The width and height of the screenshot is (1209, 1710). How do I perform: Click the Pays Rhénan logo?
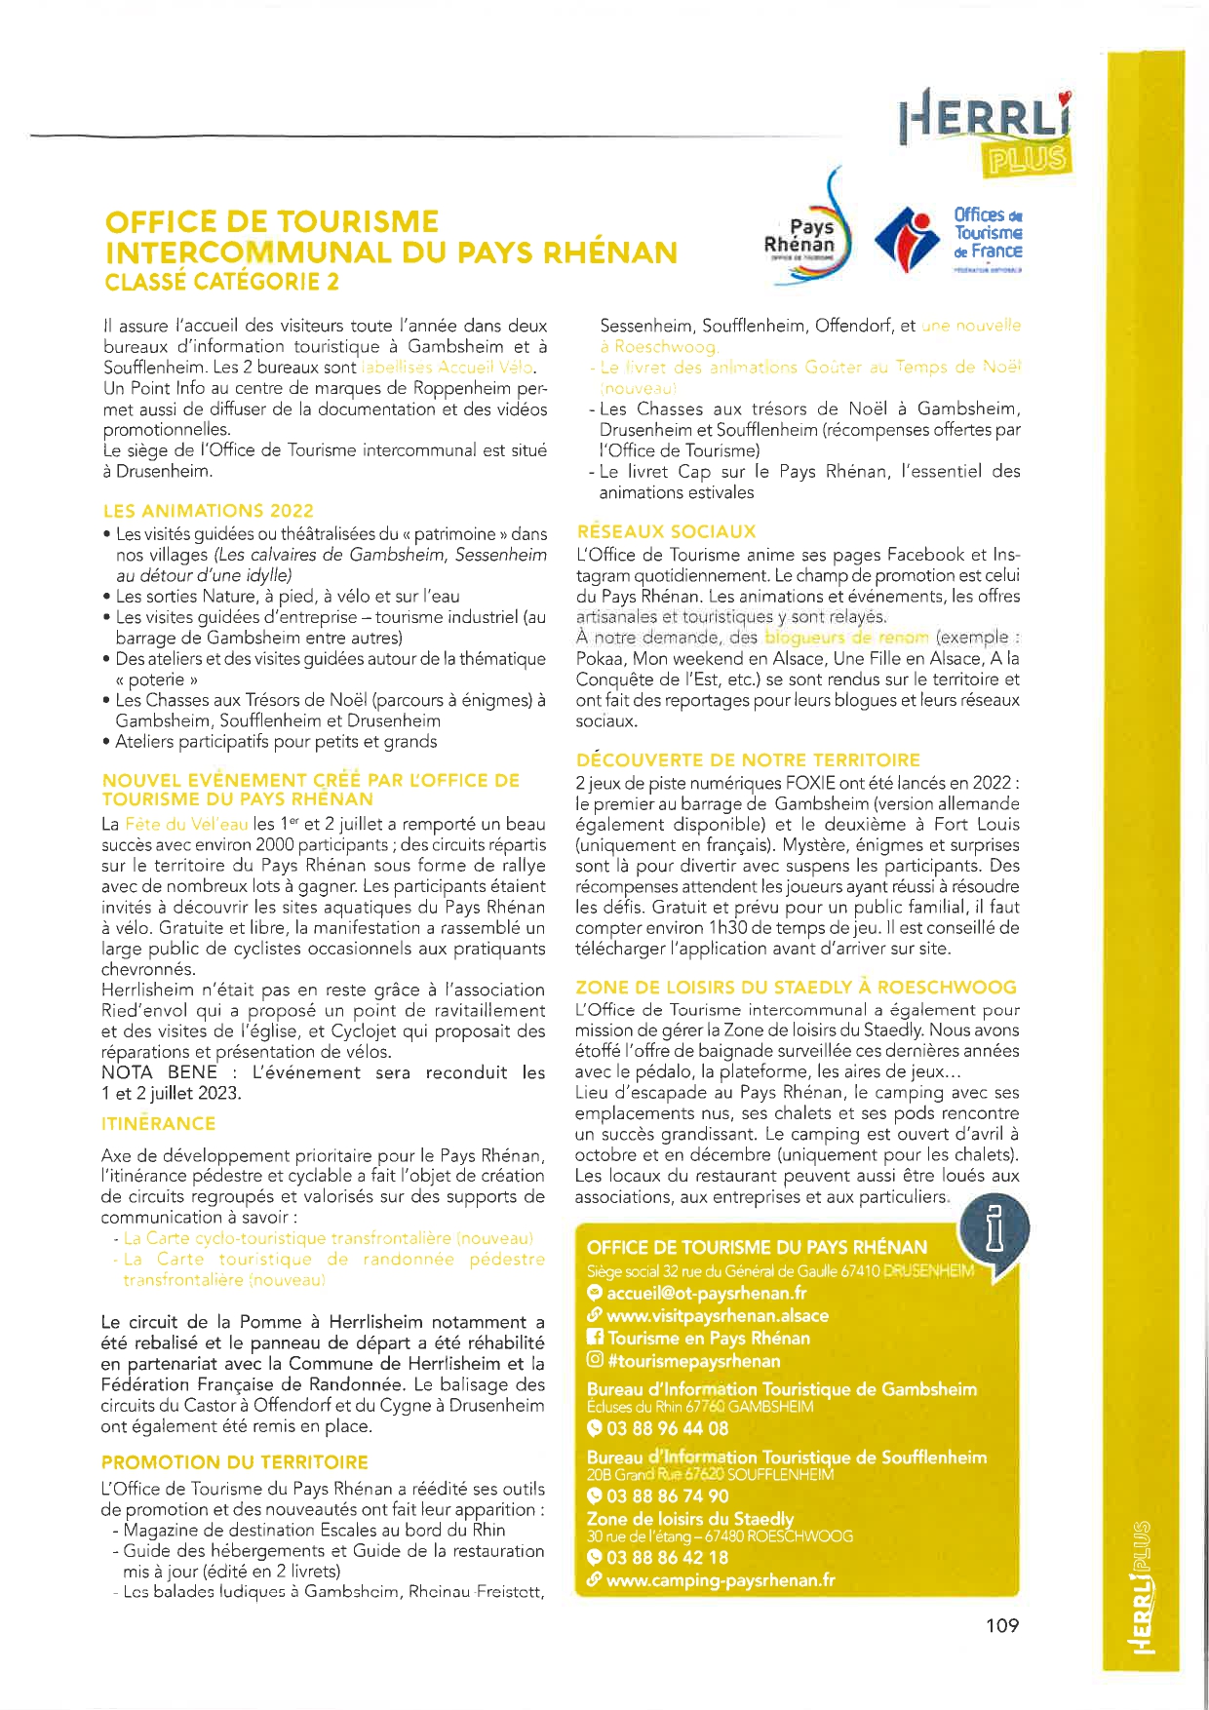pyautogui.click(x=807, y=232)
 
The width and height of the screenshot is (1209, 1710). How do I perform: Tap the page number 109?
pyautogui.click(x=1001, y=1625)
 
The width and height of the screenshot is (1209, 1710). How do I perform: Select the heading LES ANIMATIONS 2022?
pyautogui.click(x=209, y=511)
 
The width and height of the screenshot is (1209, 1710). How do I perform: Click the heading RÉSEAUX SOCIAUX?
pyautogui.click(x=666, y=531)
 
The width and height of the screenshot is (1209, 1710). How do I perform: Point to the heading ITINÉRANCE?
pyautogui.click(x=158, y=1123)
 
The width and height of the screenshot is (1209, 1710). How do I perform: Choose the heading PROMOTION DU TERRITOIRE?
pyautogui.click(x=235, y=1462)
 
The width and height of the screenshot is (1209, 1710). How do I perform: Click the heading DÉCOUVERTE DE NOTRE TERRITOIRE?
pyautogui.click(x=748, y=759)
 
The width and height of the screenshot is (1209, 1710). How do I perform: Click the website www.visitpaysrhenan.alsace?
pyautogui.click(x=717, y=1315)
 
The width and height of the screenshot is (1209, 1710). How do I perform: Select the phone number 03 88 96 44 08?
pyautogui.click(x=667, y=1428)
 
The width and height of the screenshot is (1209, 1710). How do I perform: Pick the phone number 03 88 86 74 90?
pyautogui.click(x=667, y=1496)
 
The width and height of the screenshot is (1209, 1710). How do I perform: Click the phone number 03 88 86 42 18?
pyautogui.click(x=667, y=1558)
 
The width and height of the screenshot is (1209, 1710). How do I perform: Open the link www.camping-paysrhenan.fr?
pyautogui.click(x=720, y=1580)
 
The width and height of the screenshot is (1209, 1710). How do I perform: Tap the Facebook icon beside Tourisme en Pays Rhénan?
pyautogui.click(x=594, y=1338)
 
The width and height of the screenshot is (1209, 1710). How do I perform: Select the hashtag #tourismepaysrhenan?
pyautogui.click(x=693, y=1361)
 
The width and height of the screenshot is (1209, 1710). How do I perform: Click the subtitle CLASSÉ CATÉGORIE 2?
pyautogui.click(x=222, y=283)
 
